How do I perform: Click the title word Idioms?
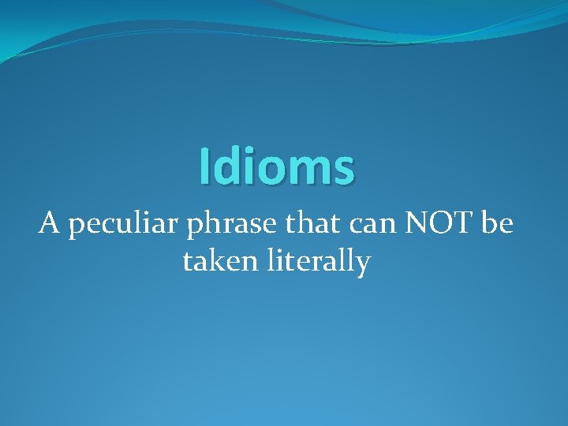pos(277,166)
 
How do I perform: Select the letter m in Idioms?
pos(301,170)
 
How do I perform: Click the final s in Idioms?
pos(343,170)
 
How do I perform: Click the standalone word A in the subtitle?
pos(49,225)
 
